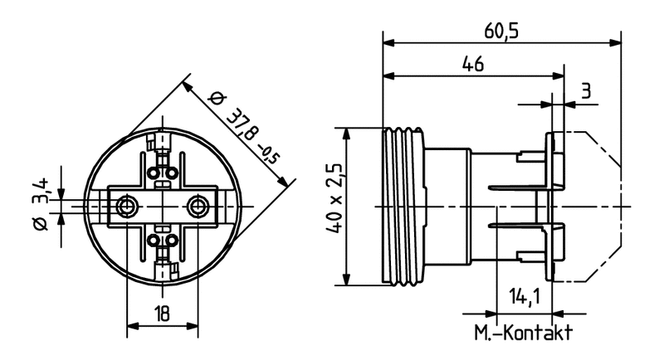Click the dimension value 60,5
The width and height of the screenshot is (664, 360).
pos(502,31)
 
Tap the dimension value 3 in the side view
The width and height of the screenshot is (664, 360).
pos(586,91)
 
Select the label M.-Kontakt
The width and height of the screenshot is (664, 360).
pos(523,334)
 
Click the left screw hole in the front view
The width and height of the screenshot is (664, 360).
pos(125,204)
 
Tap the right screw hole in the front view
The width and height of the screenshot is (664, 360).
pos(197,204)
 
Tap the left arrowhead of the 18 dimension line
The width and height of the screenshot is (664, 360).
pos(130,324)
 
